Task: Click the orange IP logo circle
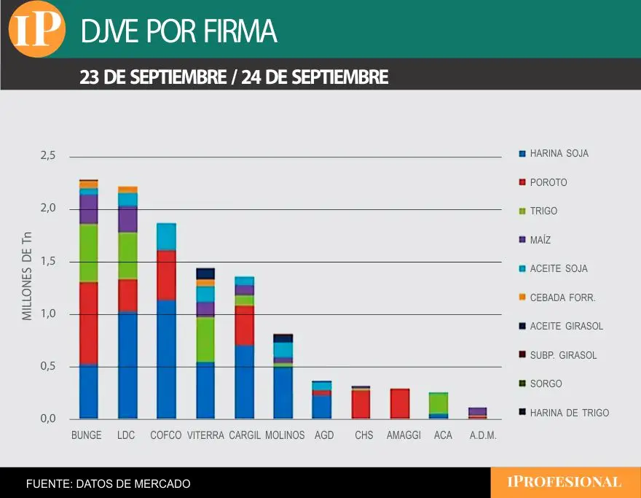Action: pos(36,30)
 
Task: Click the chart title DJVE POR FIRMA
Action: pos(178,31)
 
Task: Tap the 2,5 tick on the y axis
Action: pos(47,156)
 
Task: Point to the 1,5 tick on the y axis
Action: pos(47,262)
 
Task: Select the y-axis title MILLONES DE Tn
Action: pos(28,275)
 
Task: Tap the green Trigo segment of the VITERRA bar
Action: pos(205,340)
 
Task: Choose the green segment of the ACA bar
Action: pos(439,403)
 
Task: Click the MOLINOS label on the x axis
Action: pos(285,435)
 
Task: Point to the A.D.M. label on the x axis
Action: pos(478,435)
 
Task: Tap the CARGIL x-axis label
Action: pos(244,435)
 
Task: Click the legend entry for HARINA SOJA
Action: pos(559,154)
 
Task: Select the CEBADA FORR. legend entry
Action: pos(562,297)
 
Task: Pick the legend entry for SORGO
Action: pos(546,384)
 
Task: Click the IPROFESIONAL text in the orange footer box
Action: pos(565,482)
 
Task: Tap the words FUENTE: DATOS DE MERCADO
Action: pos(108,483)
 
